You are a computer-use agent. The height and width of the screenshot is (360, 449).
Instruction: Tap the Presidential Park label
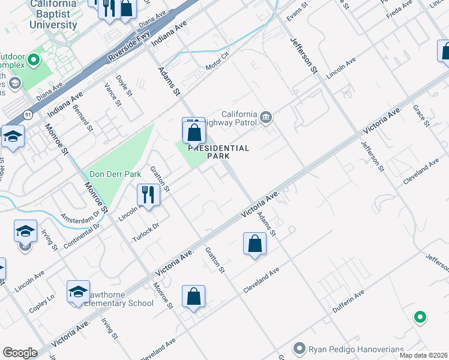[218, 152]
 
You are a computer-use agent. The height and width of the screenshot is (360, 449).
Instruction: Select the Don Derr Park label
[115, 174]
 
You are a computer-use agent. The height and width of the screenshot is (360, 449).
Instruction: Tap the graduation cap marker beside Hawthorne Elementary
[78, 292]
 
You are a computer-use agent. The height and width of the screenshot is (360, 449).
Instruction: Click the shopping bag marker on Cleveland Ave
[194, 296]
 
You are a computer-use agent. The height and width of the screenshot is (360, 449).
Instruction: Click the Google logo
[20, 352]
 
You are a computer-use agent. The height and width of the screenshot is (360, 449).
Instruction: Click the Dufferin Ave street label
[349, 302]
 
